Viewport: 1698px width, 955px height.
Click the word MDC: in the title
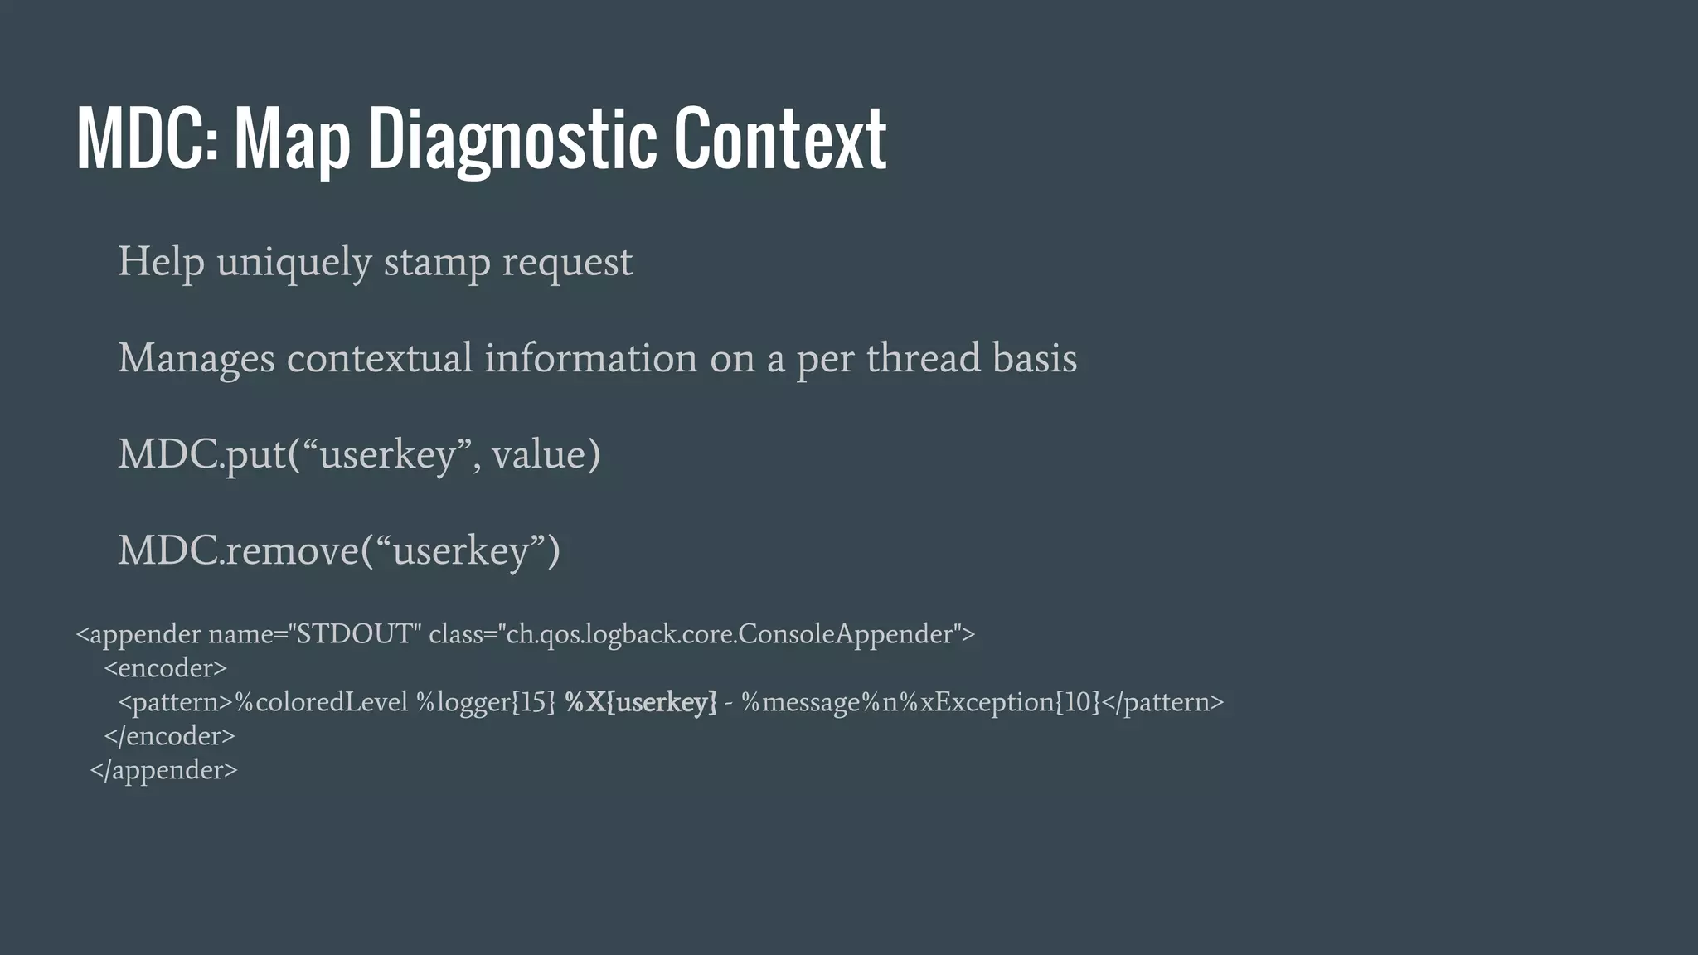(148, 138)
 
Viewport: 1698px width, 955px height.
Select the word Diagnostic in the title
(507, 138)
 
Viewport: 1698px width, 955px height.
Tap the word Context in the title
(779, 138)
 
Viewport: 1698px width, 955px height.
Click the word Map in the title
(292, 138)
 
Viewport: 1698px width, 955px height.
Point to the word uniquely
(294, 263)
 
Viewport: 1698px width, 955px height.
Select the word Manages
(196, 359)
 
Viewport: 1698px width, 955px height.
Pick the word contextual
(380, 359)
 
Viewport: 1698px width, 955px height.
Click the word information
(590, 359)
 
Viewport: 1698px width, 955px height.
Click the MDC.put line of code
(358, 454)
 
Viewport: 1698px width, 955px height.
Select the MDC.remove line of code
(338, 550)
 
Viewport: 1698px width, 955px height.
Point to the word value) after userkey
(546, 454)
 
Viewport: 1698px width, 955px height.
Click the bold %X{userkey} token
(640, 702)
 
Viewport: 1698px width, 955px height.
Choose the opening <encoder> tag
(165, 668)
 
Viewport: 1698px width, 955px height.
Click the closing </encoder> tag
(169, 736)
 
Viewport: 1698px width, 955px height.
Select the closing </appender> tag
(163, 770)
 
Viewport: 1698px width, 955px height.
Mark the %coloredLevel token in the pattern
(322, 702)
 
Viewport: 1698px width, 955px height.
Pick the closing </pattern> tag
(1162, 702)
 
